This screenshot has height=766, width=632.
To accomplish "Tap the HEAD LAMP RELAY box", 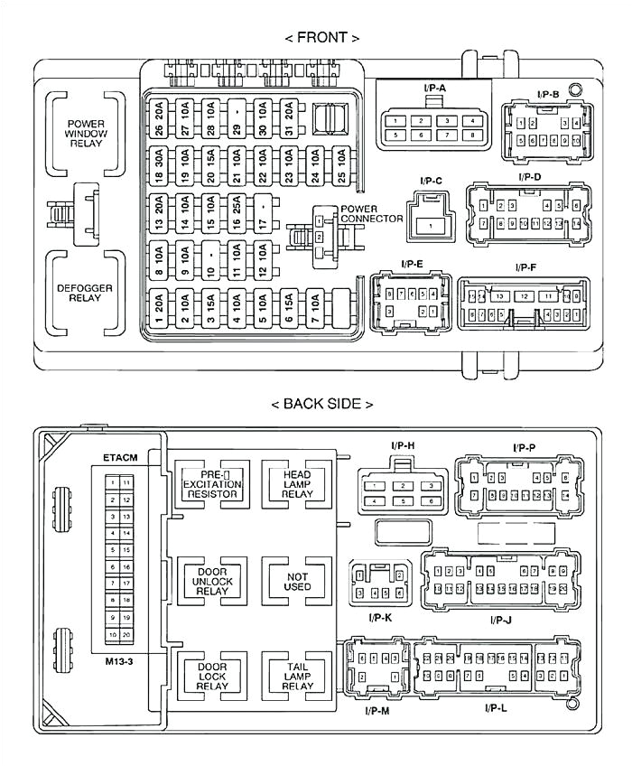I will click(x=297, y=482).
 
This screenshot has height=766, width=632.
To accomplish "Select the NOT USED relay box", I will click(x=297, y=580).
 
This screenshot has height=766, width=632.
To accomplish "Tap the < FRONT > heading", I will click(x=322, y=38).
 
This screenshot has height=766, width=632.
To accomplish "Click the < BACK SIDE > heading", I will click(x=322, y=404).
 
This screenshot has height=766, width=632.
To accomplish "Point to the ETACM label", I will click(x=120, y=457).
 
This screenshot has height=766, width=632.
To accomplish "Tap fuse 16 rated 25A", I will click(x=236, y=214).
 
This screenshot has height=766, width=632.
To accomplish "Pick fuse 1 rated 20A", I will click(x=159, y=308).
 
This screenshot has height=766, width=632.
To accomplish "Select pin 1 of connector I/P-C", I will click(x=431, y=225).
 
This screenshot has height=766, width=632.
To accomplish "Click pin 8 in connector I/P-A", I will click(x=471, y=135).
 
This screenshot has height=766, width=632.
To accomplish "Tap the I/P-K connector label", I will click(x=379, y=617).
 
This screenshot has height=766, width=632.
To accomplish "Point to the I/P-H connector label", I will click(x=404, y=445).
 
